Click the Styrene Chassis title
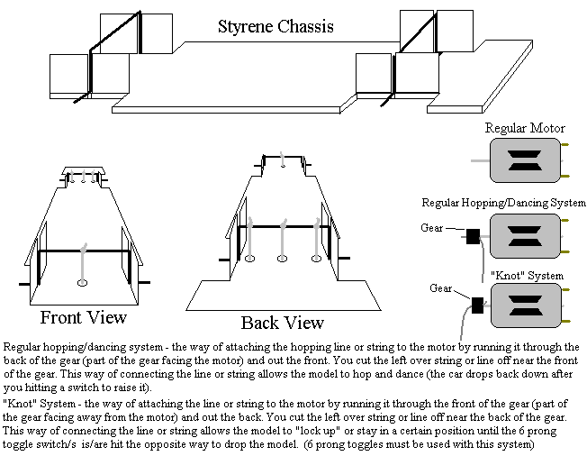275,26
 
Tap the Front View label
84,317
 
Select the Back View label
282,323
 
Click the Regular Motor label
523,129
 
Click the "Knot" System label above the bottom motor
527,275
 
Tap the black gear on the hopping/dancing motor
472,236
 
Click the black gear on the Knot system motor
478,304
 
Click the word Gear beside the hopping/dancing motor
432,228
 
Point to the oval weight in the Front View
82,283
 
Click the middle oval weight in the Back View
282,259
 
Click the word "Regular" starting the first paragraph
24,347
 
